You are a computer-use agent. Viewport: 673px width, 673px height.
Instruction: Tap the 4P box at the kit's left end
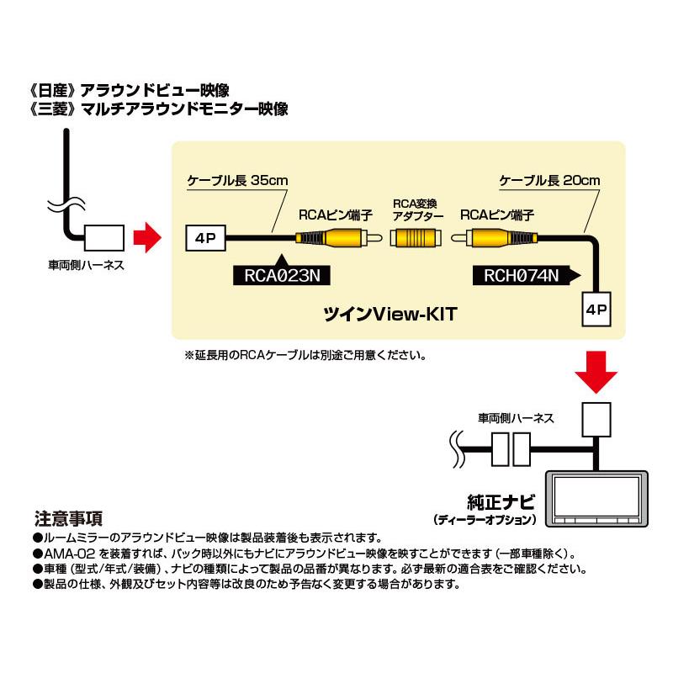[x=204, y=238]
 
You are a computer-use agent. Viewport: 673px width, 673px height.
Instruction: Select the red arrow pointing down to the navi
[x=596, y=372]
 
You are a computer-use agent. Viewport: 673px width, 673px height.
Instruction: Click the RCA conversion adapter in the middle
[x=417, y=239]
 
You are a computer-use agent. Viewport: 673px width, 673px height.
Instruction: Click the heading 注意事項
[x=68, y=519]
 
